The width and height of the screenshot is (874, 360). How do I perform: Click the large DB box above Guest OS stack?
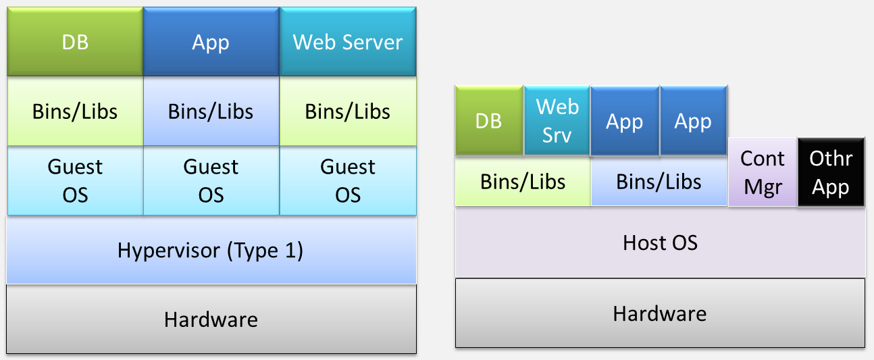point(75,42)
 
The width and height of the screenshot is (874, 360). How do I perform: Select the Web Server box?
point(348,42)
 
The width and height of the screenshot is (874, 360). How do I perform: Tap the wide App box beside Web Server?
point(211,42)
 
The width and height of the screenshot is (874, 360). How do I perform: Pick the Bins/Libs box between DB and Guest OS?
point(75,111)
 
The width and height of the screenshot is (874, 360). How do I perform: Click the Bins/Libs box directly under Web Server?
point(348,111)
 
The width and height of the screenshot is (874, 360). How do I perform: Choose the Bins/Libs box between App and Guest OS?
point(211,111)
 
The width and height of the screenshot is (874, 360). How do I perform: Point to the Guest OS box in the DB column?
point(75,180)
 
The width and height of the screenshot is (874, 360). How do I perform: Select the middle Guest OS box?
point(211,180)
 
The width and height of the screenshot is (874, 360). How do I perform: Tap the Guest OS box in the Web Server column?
point(348,180)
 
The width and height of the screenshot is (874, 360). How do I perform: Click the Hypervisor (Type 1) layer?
point(211,250)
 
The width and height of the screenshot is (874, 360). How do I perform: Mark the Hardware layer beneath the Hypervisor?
point(211,319)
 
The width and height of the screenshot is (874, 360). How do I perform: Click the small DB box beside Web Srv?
point(489,120)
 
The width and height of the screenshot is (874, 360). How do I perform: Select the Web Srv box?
point(557,120)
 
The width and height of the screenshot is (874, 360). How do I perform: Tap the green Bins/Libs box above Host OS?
point(523,182)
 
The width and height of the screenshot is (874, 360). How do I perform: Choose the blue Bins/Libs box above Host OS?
point(659,182)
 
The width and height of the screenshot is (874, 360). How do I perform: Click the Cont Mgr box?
point(763,172)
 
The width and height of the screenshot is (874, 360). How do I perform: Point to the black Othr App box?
point(831,172)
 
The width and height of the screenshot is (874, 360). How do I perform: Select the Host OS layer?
point(660,242)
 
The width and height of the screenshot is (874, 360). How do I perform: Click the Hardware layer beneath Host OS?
point(660,313)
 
